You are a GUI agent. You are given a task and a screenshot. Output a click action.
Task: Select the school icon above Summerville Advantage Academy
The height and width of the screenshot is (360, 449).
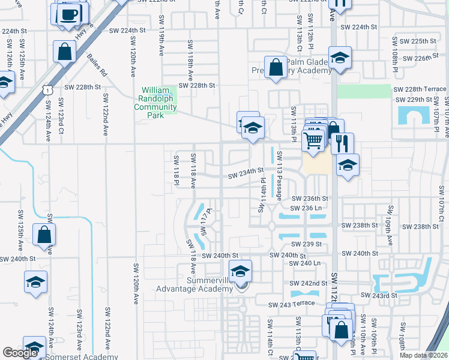tap(240, 271)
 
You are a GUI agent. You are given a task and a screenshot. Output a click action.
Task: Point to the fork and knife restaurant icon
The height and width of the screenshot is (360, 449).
tap(342, 143)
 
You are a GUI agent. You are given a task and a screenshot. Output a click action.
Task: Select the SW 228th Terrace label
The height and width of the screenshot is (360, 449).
tap(420, 89)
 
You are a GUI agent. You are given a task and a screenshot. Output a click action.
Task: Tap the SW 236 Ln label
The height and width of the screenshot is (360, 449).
tap(306, 208)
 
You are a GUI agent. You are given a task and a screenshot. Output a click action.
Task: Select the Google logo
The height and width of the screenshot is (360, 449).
tap(20, 353)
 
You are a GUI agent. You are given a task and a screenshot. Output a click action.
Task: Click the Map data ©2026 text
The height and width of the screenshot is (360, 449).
tap(424, 355)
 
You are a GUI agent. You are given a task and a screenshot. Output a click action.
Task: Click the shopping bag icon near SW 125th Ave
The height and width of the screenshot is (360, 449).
tap(45, 235)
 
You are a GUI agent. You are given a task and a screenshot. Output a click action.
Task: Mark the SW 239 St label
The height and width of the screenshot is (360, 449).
tap(306, 244)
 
